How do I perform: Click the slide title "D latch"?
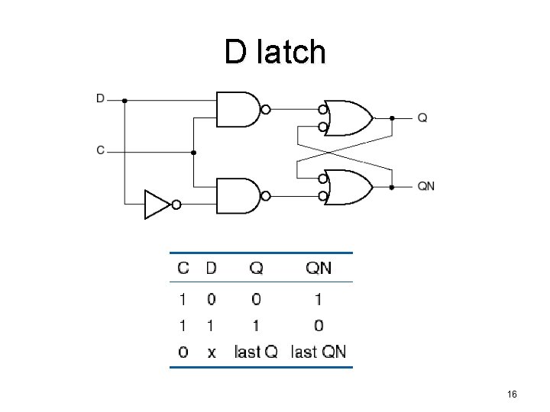[x=275, y=52]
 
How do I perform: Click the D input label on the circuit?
[x=101, y=98]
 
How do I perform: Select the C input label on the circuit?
[x=101, y=150]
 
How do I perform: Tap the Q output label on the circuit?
[x=422, y=117]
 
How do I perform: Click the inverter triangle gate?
[x=157, y=204]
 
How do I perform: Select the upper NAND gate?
[x=238, y=109]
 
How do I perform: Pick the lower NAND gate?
[x=238, y=195]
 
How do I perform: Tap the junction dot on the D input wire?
[x=125, y=99]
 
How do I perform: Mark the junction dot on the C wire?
[x=194, y=152]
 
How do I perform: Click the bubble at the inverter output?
[x=176, y=204]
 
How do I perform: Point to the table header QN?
[x=319, y=268]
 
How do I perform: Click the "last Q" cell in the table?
[x=256, y=352]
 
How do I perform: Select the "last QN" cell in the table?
[x=319, y=352]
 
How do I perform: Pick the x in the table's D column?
[x=211, y=352]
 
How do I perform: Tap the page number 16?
[x=513, y=394]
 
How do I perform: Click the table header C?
[x=183, y=268]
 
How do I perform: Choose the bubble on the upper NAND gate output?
[x=265, y=109]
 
